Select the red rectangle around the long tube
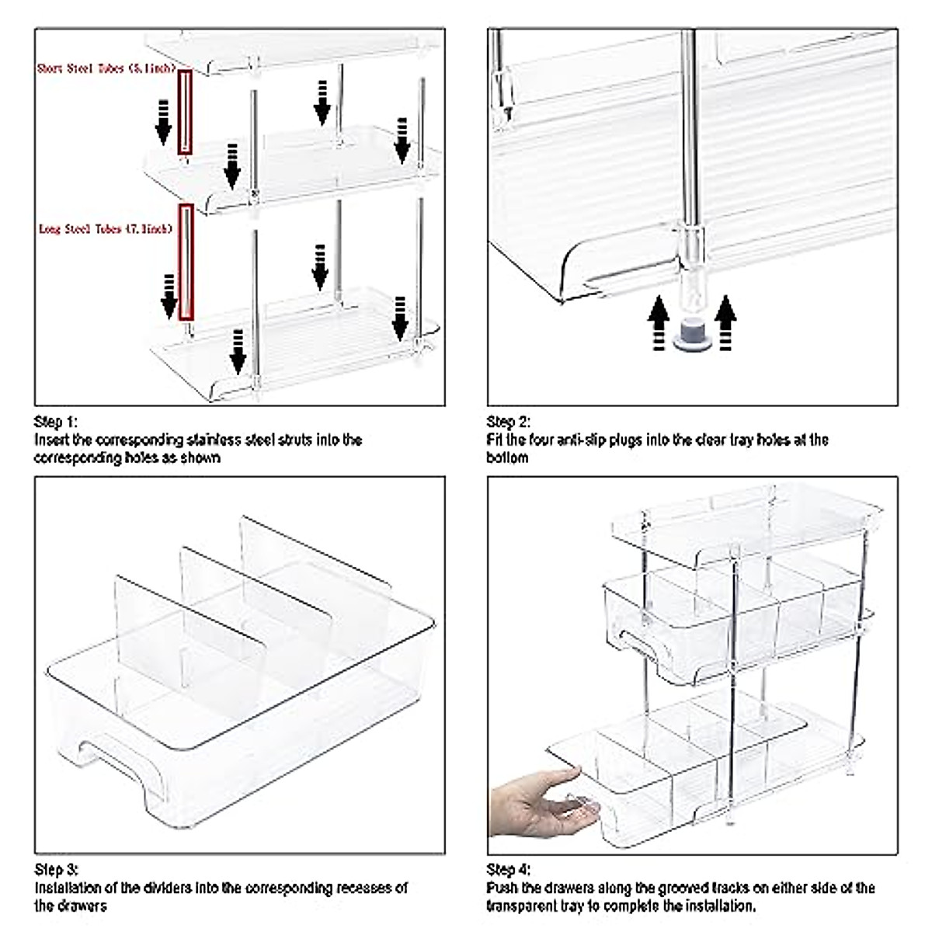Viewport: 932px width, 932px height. tap(186, 263)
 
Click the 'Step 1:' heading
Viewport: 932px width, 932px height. tap(56, 423)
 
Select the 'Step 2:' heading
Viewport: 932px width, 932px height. tap(509, 423)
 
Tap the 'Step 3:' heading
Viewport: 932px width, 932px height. tap(56, 869)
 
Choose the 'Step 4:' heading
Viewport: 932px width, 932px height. tap(509, 870)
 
